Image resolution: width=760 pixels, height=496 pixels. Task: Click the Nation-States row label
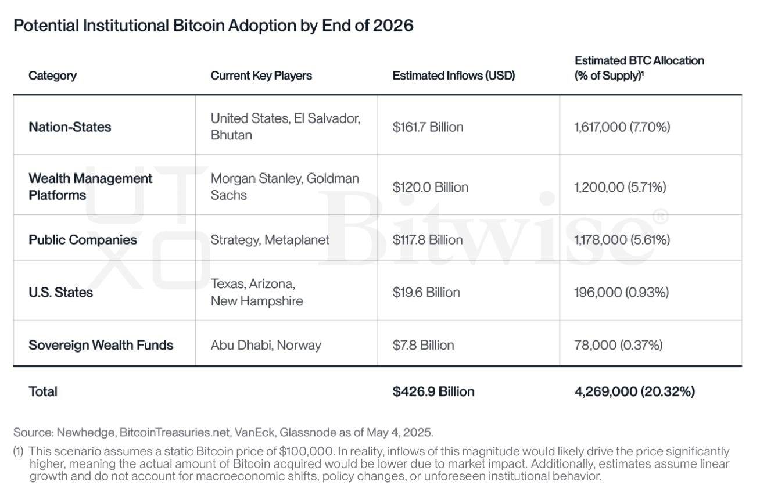point(70,127)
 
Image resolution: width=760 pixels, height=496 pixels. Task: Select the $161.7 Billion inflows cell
point(428,127)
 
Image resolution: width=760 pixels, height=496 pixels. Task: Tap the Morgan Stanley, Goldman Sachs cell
point(285,186)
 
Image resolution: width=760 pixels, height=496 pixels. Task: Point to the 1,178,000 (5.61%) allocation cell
point(622,239)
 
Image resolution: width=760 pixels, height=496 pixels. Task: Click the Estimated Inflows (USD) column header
point(453,76)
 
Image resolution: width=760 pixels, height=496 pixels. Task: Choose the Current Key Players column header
point(261,76)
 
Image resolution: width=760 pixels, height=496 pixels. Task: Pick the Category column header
point(52,76)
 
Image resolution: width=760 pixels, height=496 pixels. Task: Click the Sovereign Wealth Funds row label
point(101,345)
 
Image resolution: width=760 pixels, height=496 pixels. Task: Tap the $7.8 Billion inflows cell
point(424,345)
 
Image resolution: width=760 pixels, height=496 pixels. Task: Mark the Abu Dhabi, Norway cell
point(266,345)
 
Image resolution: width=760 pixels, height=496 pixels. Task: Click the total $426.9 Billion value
point(433,391)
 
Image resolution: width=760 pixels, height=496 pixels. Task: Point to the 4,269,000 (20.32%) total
point(634,391)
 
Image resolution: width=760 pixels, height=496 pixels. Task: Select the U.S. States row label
point(61,292)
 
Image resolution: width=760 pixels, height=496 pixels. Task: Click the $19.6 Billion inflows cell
point(426,292)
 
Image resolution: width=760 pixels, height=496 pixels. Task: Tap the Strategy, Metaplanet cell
point(270,239)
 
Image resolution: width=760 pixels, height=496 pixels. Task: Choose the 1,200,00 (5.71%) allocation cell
point(620,186)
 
